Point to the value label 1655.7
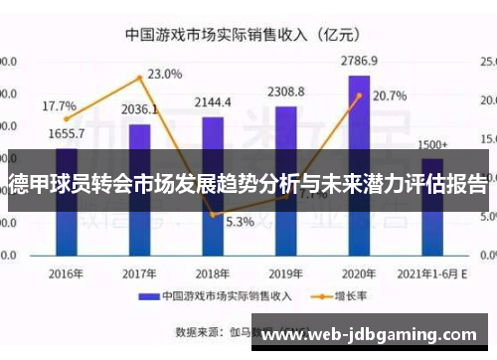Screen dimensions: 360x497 click(x=66, y=133)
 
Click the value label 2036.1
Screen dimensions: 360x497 click(x=139, y=109)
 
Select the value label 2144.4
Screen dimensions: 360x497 click(x=213, y=102)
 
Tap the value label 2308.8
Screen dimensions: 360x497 click(x=285, y=92)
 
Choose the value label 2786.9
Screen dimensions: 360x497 click(x=359, y=61)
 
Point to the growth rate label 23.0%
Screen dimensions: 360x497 click(x=165, y=74)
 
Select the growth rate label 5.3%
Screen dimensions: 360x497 click(x=239, y=222)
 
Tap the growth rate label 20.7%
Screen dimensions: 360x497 click(x=390, y=96)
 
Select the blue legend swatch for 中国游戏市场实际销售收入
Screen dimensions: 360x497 click(x=148, y=295)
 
